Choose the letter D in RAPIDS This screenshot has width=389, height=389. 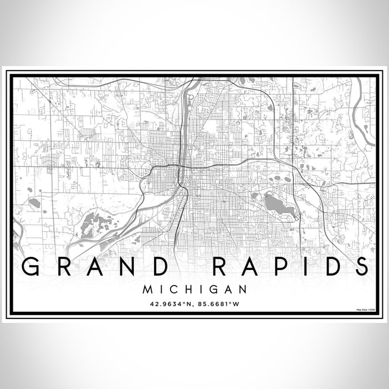[x=332, y=268]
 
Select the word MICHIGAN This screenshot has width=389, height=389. [x=194, y=289]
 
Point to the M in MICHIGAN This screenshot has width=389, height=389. [x=148, y=289]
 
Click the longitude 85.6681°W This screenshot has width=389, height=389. [x=221, y=303]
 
